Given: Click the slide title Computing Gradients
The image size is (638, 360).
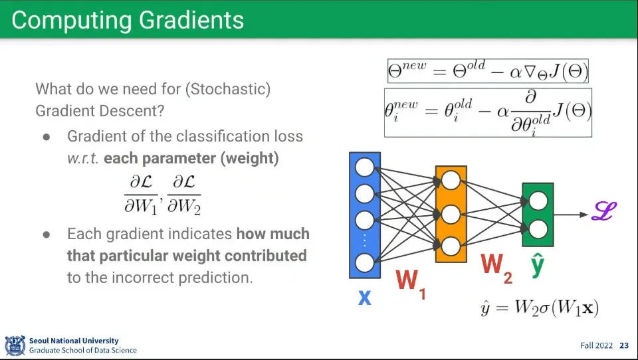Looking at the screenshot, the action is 128,20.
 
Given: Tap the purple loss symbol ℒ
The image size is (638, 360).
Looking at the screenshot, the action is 604,211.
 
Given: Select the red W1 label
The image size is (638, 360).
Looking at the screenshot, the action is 411,284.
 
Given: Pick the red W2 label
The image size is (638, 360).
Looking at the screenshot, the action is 496,268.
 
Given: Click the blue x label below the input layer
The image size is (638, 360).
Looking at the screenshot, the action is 365,297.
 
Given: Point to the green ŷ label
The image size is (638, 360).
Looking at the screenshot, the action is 538,265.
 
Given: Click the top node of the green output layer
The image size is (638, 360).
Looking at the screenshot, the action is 538,201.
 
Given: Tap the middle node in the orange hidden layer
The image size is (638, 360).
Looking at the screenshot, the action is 451,215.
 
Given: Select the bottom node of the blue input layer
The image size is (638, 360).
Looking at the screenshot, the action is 365,263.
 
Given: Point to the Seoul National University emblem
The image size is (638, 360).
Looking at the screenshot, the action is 15,345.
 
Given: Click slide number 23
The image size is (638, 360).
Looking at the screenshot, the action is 624,345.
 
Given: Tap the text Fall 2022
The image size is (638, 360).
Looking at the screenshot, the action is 597,345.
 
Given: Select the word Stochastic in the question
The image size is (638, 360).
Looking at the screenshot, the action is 228,89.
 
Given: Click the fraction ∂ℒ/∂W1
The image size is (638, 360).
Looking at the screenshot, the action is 141,195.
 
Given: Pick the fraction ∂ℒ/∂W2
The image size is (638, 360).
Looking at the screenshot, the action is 184,195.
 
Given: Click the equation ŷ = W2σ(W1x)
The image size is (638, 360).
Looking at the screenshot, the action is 540,308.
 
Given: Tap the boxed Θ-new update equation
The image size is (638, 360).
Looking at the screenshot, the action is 488,71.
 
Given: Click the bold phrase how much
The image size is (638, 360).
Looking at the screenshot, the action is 273,234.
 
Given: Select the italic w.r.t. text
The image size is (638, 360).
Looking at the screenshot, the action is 83,158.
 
